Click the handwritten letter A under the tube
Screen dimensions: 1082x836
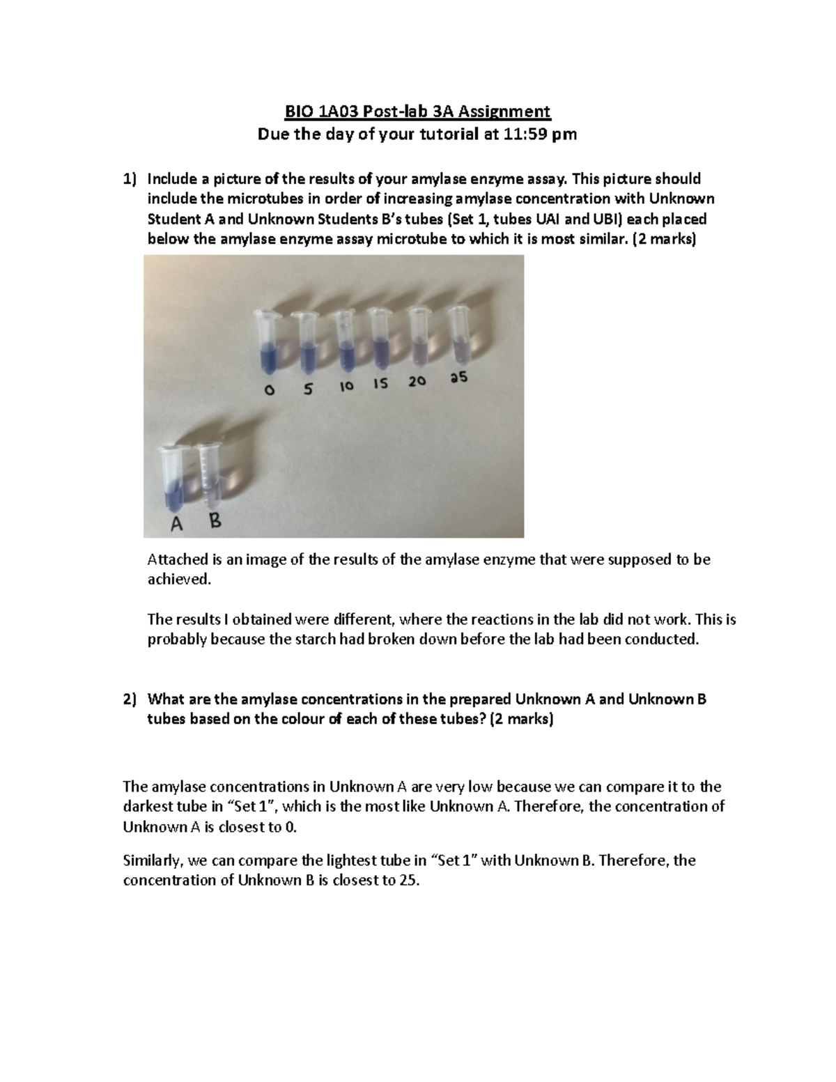177,525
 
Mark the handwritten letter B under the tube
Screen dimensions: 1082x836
215,520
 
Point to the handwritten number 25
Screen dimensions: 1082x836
458,378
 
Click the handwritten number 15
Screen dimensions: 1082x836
380,384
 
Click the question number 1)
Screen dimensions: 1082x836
130,179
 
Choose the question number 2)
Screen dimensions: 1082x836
130,700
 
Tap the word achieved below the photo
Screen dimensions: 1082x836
178,580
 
